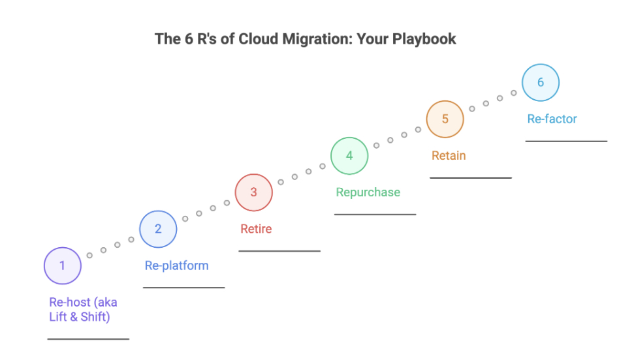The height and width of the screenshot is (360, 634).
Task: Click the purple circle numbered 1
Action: pos(63,266)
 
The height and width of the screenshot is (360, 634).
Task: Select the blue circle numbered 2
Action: pos(158,230)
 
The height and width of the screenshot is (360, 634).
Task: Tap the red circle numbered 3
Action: pos(254,192)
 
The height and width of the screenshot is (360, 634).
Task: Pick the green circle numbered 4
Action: pos(349,156)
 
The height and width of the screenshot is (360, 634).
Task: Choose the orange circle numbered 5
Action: pos(445,119)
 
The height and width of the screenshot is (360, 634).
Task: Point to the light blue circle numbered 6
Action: pos(541,83)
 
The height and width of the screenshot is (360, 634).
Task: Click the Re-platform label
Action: pos(176,265)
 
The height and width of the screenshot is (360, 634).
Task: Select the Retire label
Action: pos(256,229)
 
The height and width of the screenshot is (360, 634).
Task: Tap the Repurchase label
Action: pos(368,192)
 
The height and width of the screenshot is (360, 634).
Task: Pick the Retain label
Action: pos(449,156)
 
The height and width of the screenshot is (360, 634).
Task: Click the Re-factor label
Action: pos(552,119)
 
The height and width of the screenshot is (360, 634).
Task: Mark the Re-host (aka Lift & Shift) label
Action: pos(83,310)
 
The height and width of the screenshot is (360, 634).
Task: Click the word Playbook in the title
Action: pos(424,39)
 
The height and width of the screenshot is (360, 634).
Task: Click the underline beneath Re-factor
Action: pos(566,141)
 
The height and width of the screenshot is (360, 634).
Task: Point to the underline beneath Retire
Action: pos(279,250)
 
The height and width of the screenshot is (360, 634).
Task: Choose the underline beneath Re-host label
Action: pos(88,339)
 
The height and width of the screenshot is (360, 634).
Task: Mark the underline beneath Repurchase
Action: pos(375,214)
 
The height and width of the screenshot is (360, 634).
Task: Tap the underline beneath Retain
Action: pos(470,177)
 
